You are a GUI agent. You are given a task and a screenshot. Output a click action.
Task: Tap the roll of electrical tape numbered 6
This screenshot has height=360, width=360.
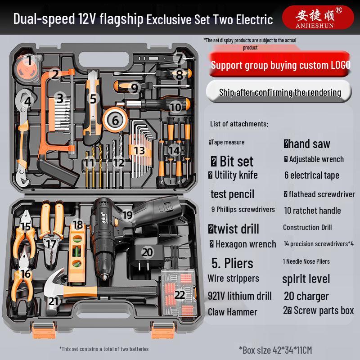click(115, 120)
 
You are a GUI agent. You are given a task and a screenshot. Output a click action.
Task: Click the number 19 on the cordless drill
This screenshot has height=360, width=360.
click(127, 215)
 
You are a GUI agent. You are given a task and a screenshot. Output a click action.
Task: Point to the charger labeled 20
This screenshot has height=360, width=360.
click(147, 252)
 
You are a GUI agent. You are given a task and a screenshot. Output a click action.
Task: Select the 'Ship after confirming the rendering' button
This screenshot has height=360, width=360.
click(280, 92)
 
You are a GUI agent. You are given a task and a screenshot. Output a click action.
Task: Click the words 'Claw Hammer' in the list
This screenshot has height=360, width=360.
click(233, 312)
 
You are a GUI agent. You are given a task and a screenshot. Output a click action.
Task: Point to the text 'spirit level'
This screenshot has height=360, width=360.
click(306, 279)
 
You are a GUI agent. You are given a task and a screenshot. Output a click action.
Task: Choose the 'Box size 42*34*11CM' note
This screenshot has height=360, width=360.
click(282, 349)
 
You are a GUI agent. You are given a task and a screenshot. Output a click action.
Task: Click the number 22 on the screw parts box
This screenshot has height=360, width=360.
click(180, 295)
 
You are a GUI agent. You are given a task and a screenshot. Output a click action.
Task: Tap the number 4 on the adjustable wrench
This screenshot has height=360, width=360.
click(28, 102)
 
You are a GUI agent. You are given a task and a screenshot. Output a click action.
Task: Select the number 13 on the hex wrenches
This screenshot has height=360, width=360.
click(139, 150)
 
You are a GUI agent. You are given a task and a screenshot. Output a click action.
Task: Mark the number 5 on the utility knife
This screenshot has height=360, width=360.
click(93, 98)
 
